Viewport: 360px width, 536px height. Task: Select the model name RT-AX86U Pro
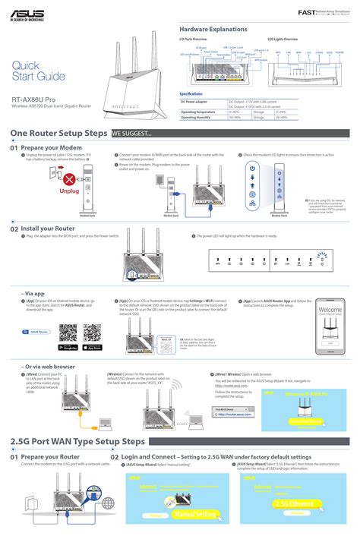[33, 99]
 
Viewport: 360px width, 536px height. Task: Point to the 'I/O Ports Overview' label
[194, 38]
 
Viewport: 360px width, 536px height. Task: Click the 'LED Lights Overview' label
[282, 38]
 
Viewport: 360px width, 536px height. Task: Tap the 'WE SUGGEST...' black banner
[131, 134]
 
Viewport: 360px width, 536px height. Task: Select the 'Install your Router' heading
[48, 228]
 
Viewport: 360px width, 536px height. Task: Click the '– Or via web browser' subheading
[47, 366]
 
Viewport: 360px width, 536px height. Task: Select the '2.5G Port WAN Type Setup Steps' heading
[77, 441]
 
